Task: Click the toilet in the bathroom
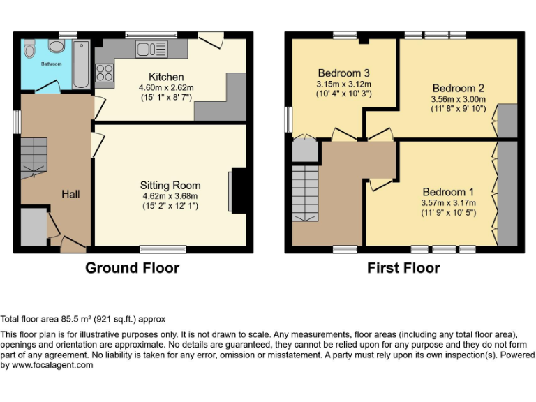pos(29,49)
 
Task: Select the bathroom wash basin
pos(57,46)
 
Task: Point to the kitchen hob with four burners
pos(105,73)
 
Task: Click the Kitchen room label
pos(166,77)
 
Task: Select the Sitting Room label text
pos(170,186)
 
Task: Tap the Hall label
pos(70,194)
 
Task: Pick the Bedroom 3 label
pos(343,73)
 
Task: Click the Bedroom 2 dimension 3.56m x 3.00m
pos(457,99)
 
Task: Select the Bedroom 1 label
pos(447,192)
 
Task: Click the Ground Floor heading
pos(132,268)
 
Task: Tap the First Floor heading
pos(403,268)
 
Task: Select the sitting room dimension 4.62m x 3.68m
pos(170,196)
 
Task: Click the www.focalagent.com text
pos(47,365)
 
